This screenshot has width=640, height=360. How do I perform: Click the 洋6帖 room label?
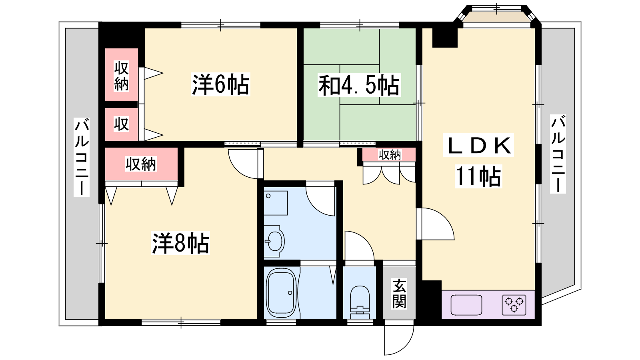tap(220, 84)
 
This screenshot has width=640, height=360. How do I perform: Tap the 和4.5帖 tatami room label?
tap(359, 85)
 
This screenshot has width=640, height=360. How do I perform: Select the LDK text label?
tap(478, 145)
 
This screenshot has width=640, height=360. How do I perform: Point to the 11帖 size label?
tap(478, 176)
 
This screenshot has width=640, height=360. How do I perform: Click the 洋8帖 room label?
tap(180, 243)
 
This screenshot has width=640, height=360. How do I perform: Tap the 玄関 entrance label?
tap(399, 294)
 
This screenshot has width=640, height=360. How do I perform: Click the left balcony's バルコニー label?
tap(82, 157)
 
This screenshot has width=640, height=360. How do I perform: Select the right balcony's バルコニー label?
tap(558, 154)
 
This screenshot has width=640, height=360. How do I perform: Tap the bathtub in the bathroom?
tap(281, 293)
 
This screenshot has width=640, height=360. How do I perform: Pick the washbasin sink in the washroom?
tap(274, 241)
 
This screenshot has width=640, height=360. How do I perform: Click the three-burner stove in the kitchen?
tap(514, 304)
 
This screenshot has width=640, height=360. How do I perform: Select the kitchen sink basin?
tap(466, 304)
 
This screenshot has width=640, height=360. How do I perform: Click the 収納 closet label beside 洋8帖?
tap(141, 164)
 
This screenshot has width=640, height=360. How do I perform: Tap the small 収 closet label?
tap(122, 124)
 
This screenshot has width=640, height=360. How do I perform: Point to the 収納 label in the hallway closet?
tap(390, 155)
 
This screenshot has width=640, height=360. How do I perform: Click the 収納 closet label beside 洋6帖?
tap(122, 76)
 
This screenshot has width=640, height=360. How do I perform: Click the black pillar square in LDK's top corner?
tap(444, 38)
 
